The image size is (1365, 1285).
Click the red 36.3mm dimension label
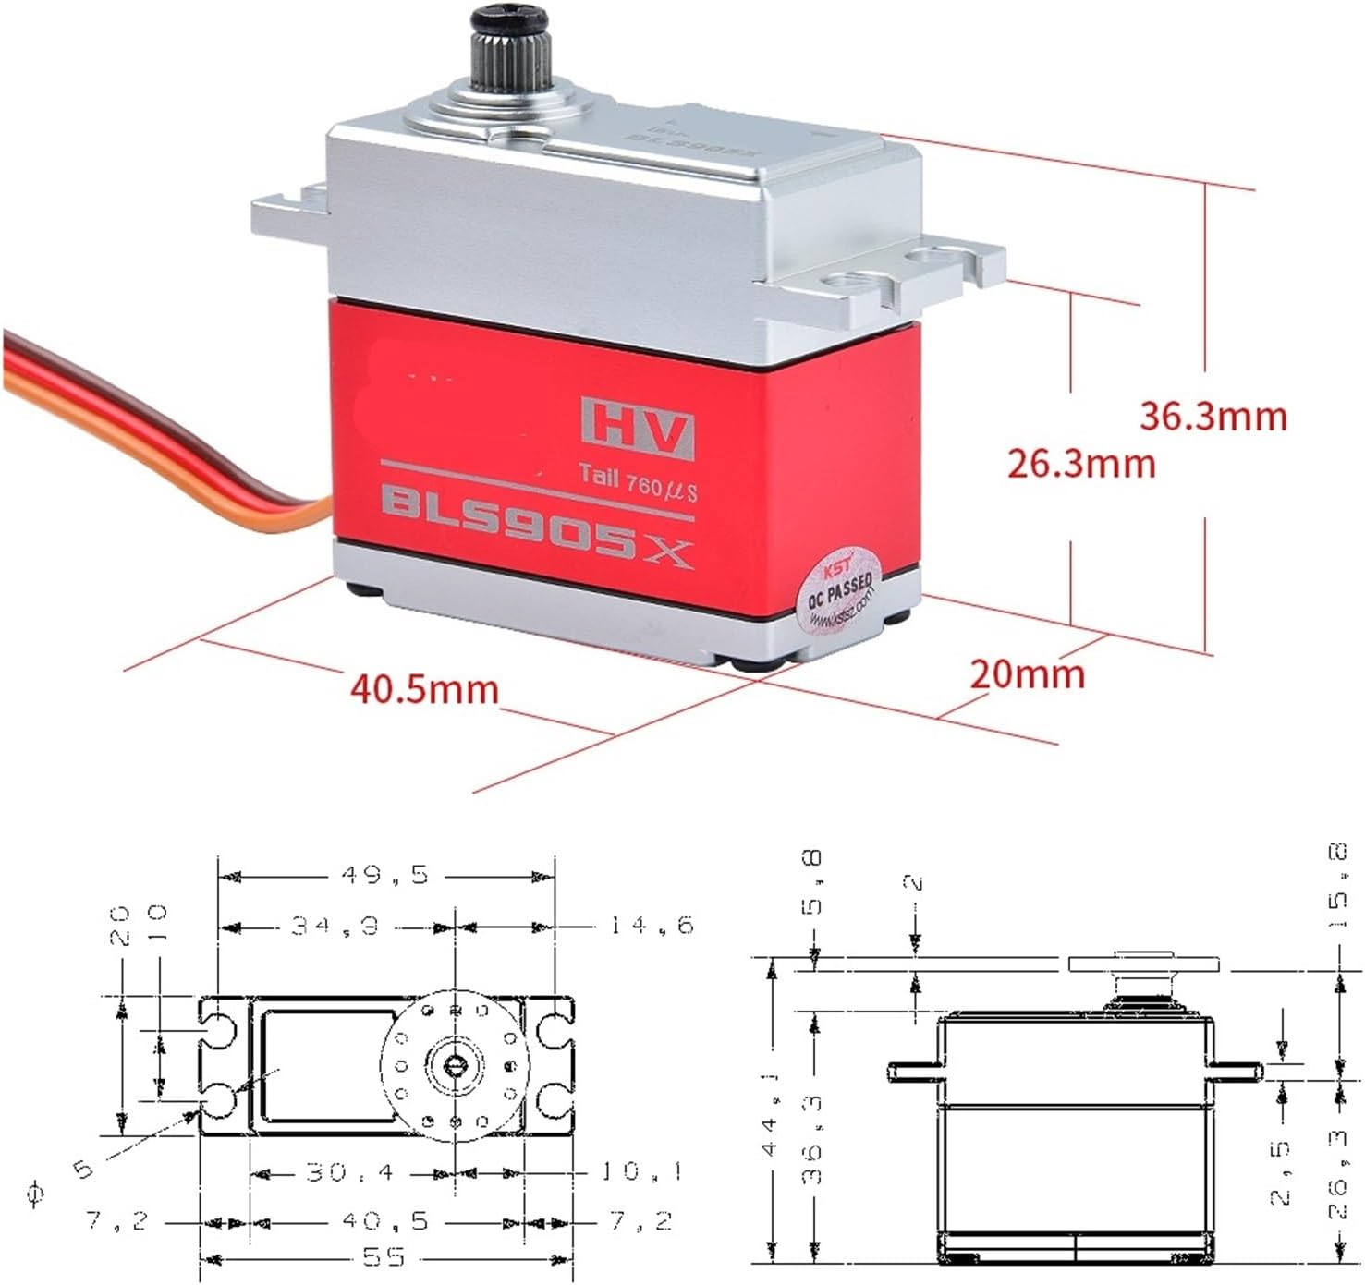click(1213, 417)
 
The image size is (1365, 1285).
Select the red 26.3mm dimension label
click(1080, 463)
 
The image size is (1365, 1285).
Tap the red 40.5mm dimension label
click(424, 689)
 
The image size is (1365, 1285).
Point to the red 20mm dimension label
click(1027, 673)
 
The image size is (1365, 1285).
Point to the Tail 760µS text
click(638, 482)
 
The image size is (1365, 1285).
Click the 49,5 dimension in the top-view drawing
click(385, 874)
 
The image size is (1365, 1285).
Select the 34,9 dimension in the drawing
click(335, 925)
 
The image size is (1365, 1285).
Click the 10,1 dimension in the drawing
click(641, 1172)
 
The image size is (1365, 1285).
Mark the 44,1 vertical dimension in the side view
click(771, 1112)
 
